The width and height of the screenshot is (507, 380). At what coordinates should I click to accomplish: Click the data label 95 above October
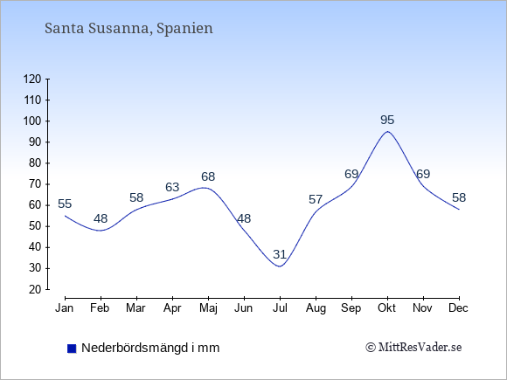(x=387, y=121)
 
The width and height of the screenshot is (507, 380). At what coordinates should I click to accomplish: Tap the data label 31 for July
(x=280, y=254)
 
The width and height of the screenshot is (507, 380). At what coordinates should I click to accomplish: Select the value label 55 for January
(x=65, y=204)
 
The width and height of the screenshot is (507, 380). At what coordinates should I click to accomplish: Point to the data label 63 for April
(x=172, y=187)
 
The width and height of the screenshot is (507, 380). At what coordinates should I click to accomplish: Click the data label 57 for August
(x=316, y=200)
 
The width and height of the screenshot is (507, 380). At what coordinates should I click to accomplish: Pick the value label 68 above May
(x=208, y=176)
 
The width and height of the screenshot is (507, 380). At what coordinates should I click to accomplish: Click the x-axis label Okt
(x=386, y=308)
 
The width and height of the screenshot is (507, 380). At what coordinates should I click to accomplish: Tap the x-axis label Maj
(x=208, y=308)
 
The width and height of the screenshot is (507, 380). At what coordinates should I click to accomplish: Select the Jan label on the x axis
(x=65, y=308)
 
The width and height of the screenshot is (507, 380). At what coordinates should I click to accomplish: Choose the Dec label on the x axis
(x=458, y=308)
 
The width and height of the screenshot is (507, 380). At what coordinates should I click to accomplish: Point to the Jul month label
(x=280, y=308)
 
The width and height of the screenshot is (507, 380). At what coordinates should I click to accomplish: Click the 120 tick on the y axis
(x=32, y=79)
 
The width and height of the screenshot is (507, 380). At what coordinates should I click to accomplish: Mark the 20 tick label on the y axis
(x=35, y=289)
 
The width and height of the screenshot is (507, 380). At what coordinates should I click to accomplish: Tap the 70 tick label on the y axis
(x=35, y=184)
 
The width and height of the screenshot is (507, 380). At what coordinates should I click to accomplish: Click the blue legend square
(x=72, y=349)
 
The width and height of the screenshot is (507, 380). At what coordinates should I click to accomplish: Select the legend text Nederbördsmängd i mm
(x=150, y=348)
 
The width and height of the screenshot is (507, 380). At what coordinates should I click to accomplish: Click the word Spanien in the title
(x=184, y=29)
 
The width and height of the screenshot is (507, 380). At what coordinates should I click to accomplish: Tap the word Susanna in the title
(x=120, y=28)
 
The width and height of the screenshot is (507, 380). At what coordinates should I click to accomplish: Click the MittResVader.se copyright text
(x=413, y=348)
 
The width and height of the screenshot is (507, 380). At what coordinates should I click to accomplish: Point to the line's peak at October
(x=387, y=132)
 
